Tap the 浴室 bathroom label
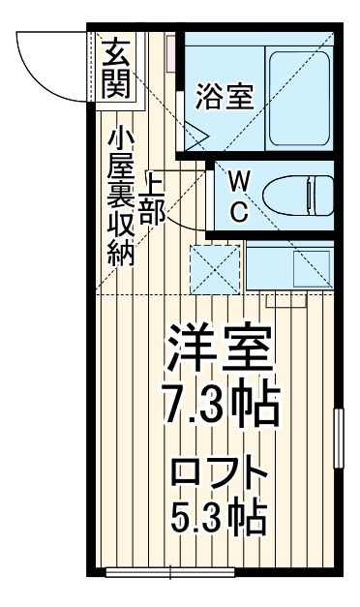coord(224,97)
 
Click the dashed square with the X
coord(215,265)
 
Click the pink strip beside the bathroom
coord(172,53)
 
